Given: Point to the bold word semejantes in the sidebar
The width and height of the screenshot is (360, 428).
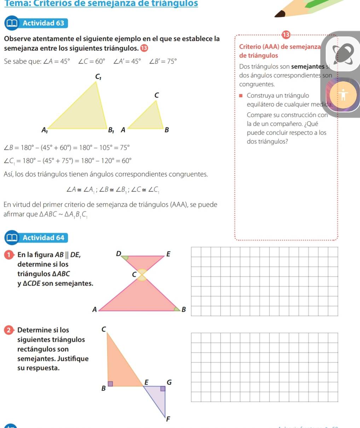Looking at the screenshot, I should pyautogui.click(x=307, y=67).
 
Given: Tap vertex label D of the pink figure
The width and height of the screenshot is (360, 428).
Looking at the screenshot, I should pyautogui.click(x=118, y=253).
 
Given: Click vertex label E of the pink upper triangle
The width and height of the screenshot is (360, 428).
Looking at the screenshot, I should pyautogui.click(x=168, y=254).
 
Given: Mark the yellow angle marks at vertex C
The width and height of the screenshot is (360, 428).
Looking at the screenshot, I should pyautogui.click(x=141, y=275).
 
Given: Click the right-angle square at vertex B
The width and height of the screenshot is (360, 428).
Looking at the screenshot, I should pyautogui.click(x=110, y=383).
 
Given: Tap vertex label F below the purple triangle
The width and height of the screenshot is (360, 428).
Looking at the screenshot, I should pyautogui.click(x=168, y=420).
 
